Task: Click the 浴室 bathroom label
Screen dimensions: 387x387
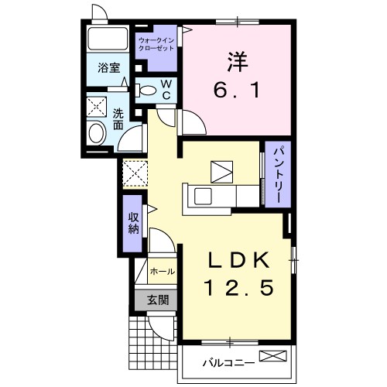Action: (x=109, y=68)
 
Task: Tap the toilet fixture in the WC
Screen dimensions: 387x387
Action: (x=146, y=91)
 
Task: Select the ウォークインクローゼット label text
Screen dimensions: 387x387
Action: (x=156, y=44)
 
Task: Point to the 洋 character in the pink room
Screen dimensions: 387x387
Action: (x=238, y=62)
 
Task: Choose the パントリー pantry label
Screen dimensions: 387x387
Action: (x=278, y=174)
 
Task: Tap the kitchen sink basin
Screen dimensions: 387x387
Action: (x=203, y=196)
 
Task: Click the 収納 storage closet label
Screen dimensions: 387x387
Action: (x=134, y=224)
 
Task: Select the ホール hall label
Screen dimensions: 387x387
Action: (x=163, y=272)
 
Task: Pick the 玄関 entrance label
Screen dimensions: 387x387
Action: (x=158, y=300)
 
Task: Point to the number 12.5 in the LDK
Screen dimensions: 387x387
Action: (x=238, y=288)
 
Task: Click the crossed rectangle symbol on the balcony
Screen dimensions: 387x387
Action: (x=273, y=356)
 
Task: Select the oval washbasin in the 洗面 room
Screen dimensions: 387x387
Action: (x=96, y=133)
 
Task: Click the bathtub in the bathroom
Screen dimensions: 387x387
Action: (x=108, y=39)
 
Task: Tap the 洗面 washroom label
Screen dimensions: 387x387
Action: (x=118, y=119)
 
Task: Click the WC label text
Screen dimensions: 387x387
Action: (x=166, y=90)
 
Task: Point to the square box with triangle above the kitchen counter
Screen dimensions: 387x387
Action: (x=222, y=172)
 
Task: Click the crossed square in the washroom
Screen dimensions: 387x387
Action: (x=97, y=107)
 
